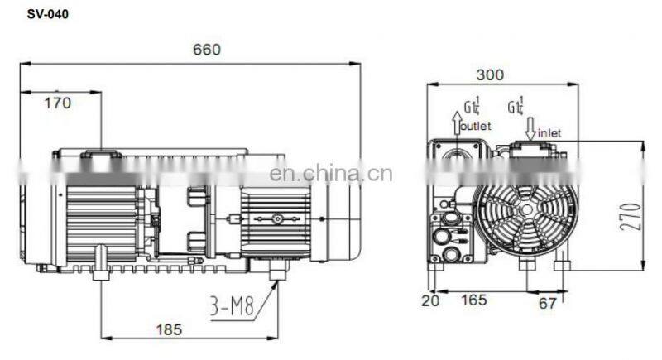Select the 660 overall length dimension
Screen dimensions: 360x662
[207, 49]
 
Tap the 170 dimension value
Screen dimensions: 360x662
[57, 103]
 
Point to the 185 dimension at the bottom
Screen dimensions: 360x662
[169, 329]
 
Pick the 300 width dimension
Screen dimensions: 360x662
[490, 75]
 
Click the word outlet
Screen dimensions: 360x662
[476, 127]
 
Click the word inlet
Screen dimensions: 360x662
[550, 132]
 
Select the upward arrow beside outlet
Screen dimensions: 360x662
[455, 122]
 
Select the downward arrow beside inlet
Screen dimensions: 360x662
[530, 126]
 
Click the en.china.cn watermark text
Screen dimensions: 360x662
[331, 173]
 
